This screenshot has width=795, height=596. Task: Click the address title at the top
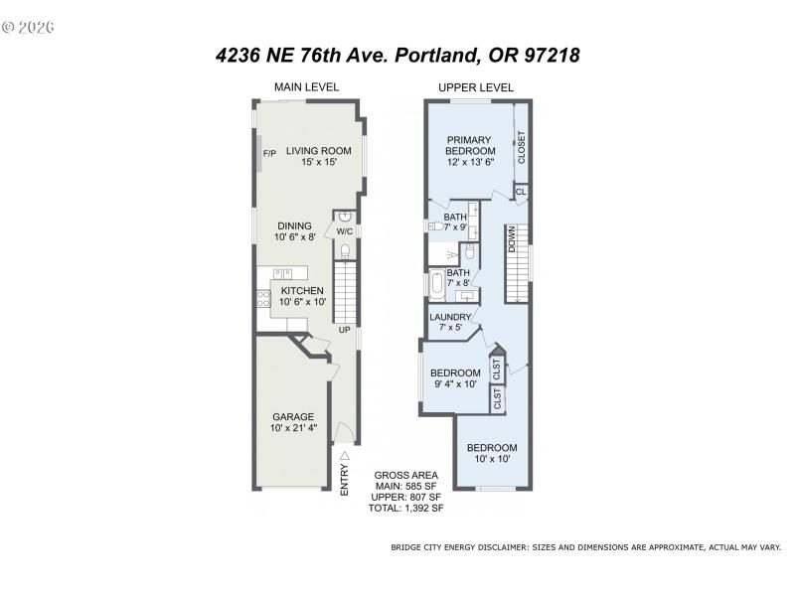coord(397,56)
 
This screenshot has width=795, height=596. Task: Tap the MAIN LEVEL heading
coord(307,87)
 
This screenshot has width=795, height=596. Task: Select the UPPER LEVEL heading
coord(476,87)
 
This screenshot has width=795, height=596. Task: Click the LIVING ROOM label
coord(319,151)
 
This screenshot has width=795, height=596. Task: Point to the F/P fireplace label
coord(268,154)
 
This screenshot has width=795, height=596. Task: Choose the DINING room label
coord(293,225)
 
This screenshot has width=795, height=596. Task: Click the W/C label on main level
coord(344,231)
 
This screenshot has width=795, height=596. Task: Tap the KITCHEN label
coord(301,290)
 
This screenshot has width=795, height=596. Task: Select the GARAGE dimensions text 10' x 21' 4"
coord(293,429)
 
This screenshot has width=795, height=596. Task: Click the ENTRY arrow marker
coord(345,456)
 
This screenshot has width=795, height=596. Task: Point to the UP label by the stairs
coord(344,330)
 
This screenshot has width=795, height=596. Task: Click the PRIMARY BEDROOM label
coord(470,145)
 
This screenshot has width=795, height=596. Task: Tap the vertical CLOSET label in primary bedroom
coord(521,148)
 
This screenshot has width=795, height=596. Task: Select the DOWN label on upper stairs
coord(513,239)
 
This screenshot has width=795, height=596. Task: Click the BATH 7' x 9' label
coord(454,222)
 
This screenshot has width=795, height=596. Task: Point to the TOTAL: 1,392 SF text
coord(407,508)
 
